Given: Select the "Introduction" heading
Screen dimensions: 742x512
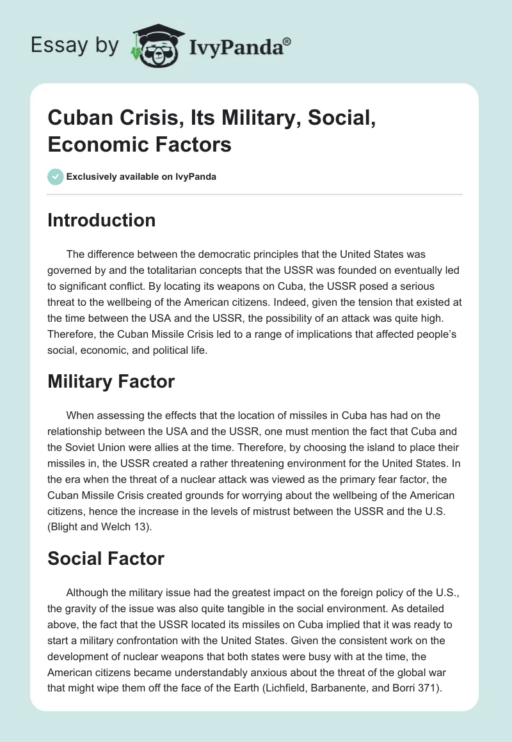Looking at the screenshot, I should [x=102, y=220].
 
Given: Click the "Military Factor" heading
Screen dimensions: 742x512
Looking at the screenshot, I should [x=111, y=381].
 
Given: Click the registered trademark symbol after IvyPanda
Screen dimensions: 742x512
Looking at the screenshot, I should [x=287, y=41].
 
